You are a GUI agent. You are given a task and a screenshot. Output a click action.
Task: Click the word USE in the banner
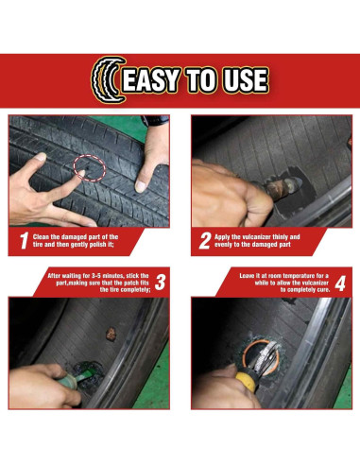[x=246, y=80]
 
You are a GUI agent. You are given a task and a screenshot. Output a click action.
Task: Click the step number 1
[x=25, y=241]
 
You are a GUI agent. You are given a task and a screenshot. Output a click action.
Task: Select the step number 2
[x=205, y=241]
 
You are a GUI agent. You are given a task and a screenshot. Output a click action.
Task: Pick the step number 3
[x=160, y=283]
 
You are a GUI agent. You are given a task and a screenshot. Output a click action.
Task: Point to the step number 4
[x=340, y=284]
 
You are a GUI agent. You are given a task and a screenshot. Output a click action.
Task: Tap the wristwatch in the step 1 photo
[x=155, y=120]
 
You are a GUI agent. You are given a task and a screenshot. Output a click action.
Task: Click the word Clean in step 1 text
[x=41, y=237]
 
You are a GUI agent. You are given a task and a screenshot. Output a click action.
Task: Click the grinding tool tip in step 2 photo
[x=295, y=181]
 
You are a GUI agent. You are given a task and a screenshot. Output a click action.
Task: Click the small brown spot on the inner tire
[x=111, y=335]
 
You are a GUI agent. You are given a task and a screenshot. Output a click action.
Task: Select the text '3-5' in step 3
[x=98, y=276]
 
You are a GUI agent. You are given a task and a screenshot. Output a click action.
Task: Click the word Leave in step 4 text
[x=247, y=276]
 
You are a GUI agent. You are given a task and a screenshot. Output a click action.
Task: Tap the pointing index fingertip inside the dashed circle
[x=81, y=173]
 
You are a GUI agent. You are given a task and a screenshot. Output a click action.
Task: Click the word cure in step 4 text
[x=323, y=289]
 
